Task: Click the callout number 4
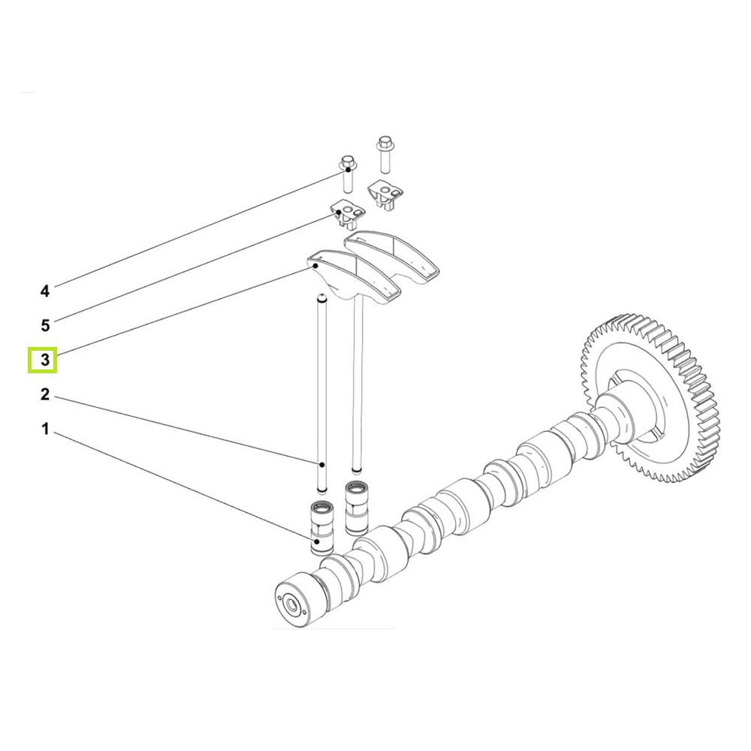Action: tap(45, 291)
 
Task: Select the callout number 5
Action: tap(45, 325)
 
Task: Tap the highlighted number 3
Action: tap(45, 360)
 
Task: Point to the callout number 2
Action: tap(45, 394)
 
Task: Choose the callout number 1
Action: tap(45, 430)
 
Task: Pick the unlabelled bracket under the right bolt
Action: tap(386, 193)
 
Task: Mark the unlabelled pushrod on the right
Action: tap(358, 391)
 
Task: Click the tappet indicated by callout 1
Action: tap(321, 529)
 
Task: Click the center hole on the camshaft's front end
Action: tap(289, 602)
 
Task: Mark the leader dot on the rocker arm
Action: tap(317, 264)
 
